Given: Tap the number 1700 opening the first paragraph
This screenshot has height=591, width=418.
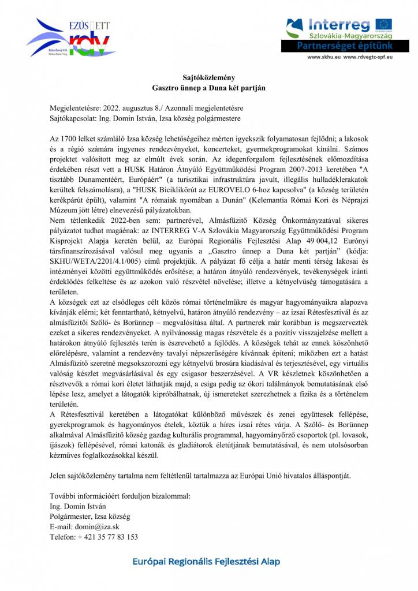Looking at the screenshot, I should (x=70, y=140).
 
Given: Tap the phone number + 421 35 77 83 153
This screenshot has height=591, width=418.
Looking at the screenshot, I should (x=94, y=536).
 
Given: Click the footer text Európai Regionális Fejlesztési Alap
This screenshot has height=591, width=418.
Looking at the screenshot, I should (x=208, y=561).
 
